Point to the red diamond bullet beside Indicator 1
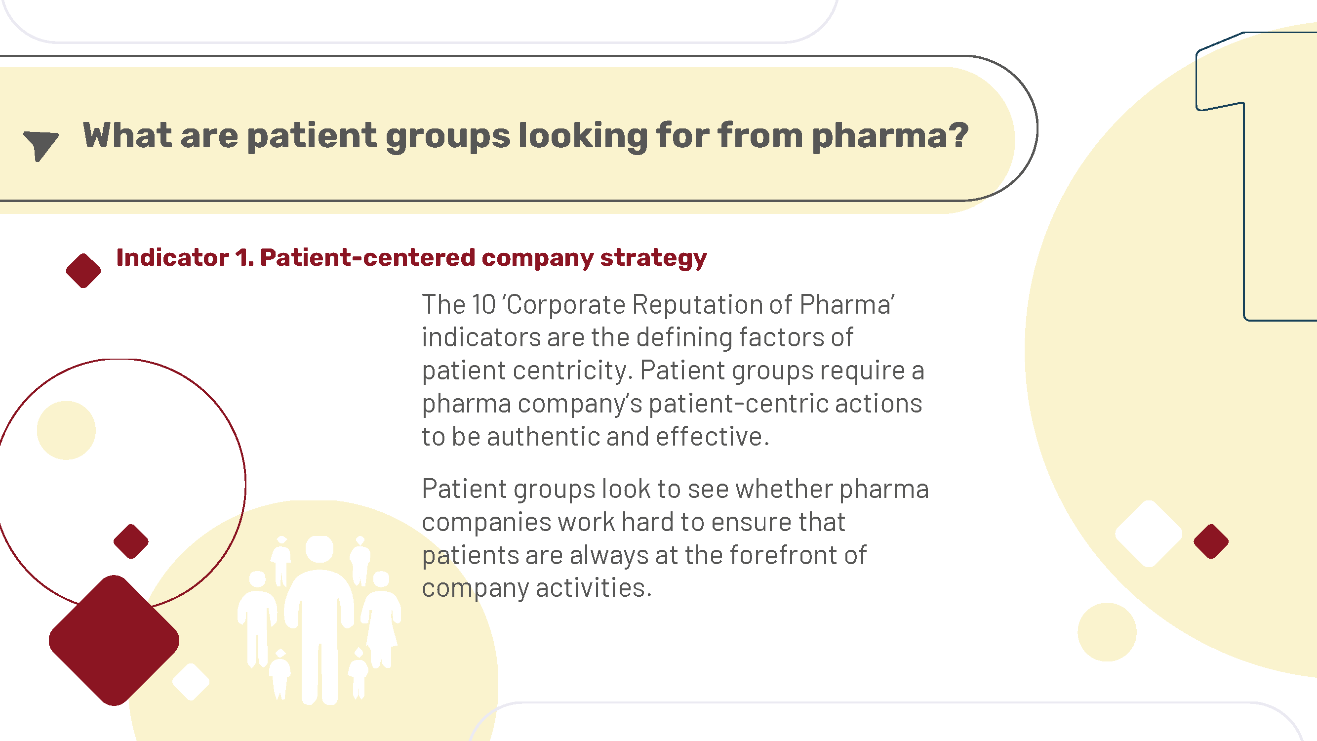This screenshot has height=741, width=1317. point(83,271)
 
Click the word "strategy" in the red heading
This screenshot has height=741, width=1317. point(653,258)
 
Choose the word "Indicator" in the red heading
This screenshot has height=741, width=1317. point(173,257)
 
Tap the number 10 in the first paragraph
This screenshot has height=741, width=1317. point(483,305)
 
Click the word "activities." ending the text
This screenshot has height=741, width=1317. point(594,588)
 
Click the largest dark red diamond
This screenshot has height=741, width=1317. point(114,640)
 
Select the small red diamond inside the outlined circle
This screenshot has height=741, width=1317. point(131,541)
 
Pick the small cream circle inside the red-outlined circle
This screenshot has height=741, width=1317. point(66,430)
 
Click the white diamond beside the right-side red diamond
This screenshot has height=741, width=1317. point(1149,534)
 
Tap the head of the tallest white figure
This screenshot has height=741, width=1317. point(319,550)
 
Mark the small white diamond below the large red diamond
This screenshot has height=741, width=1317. point(191,682)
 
